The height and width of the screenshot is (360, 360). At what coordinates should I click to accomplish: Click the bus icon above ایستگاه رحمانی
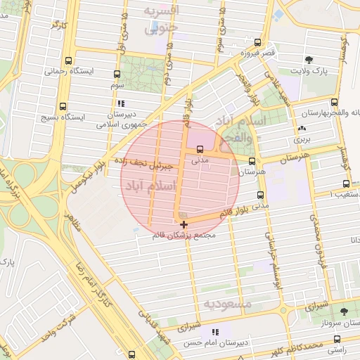coord(67,60)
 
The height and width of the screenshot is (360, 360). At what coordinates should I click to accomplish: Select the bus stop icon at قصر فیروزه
coord(258,43)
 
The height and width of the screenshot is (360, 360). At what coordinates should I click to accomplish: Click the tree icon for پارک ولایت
coord(307,60)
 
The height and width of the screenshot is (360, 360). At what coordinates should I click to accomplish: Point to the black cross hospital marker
coord(184,224)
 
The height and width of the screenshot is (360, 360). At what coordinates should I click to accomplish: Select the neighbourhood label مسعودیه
coord(227,304)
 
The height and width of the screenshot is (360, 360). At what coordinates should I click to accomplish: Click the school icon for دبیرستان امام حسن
coord(214,331)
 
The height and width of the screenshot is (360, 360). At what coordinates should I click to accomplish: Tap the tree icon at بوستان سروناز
coord(343,311)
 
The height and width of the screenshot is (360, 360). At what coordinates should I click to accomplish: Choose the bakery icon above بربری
coord(302,129)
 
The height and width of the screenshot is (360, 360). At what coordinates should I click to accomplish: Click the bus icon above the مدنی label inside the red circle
coord(201,149)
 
